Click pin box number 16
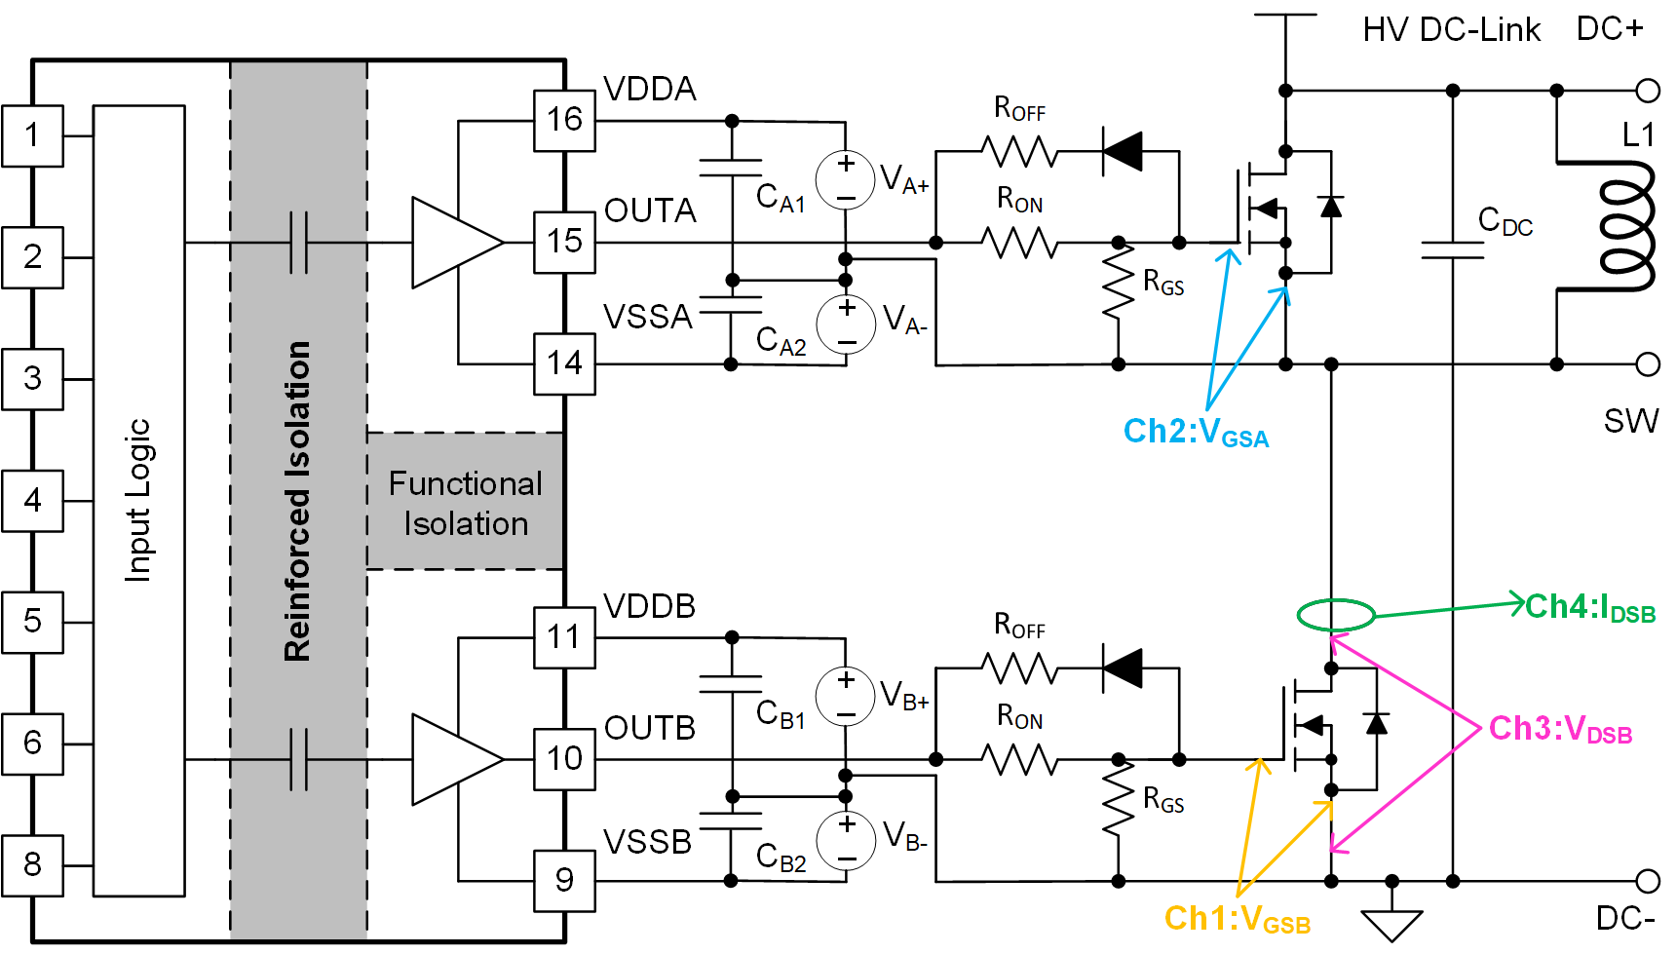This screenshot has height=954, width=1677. coord(564,121)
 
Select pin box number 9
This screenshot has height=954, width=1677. coord(564,881)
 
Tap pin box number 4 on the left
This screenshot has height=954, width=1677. coord(32,501)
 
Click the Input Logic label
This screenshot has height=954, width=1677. coord(138,501)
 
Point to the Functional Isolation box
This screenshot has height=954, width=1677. coord(466,502)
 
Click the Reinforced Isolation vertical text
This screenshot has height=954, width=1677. coord(297,501)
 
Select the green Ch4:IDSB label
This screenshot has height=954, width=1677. coord(1589,608)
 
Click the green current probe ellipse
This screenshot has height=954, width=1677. coord(1335,615)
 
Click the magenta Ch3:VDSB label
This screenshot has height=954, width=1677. coord(1559,730)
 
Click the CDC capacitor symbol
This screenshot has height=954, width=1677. coord(1452,249)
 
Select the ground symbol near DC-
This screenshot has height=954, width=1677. coord(1391,922)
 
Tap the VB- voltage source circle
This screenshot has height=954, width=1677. coord(846,841)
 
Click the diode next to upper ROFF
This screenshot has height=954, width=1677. coord(1123,151)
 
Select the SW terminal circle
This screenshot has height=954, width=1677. coord(1648,364)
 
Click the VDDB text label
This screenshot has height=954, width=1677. coord(649,606)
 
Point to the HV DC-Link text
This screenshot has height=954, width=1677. coord(1451,30)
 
